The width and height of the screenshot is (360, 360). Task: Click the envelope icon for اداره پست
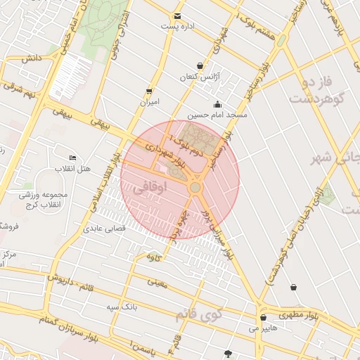[177, 15]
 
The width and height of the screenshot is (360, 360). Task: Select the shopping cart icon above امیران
[148, 91]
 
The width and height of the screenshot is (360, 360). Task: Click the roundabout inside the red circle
[195, 188]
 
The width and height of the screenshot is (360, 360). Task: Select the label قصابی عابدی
[104, 229]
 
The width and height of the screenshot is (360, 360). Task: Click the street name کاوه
[153, 257]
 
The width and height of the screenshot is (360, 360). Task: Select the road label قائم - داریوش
[70, 281]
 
